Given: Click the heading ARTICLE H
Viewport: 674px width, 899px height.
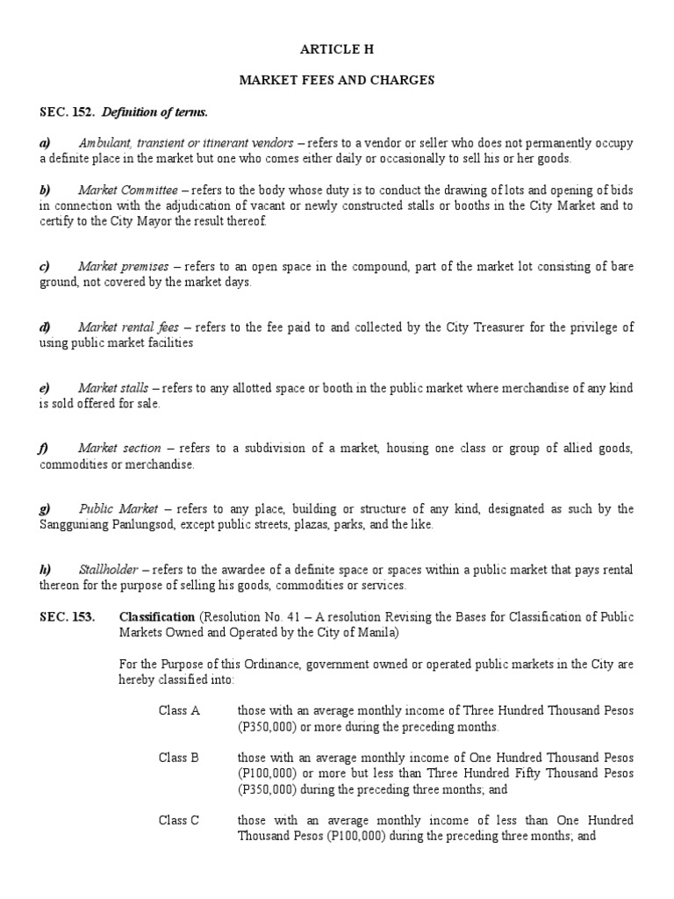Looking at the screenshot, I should tap(337, 50).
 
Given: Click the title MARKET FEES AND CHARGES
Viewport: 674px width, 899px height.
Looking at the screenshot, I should tap(337, 80).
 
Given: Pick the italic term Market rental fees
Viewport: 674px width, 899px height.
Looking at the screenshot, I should tap(128, 327).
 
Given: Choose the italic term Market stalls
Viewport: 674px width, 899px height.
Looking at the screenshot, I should tap(114, 388).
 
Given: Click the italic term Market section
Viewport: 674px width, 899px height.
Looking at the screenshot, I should tap(119, 449).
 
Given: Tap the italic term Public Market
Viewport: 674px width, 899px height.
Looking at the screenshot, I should tap(118, 509).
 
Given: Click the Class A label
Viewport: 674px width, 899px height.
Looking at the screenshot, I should tap(179, 710).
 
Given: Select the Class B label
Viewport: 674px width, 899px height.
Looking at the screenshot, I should tap(179, 756).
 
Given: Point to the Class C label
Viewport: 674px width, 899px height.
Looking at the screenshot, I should tap(179, 820).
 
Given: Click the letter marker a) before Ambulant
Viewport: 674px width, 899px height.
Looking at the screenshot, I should tap(45, 142).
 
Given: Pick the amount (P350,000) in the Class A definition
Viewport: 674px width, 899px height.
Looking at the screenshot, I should tap(269, 726).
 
